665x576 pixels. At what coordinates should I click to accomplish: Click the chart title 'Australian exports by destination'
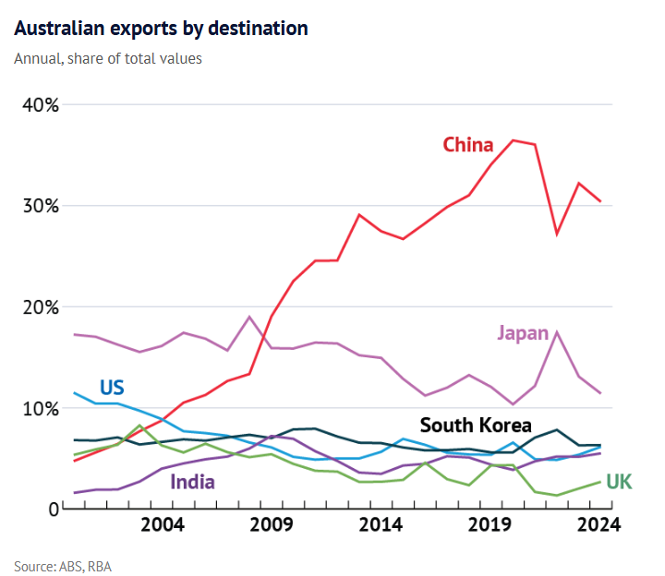pos(162,29)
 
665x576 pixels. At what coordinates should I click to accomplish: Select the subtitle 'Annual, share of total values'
pos(108,58)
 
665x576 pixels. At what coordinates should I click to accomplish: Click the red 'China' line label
pos(468,145)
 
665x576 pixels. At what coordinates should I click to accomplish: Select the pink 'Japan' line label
pos(523,333)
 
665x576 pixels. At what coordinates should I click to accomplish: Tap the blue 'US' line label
pos(111,387)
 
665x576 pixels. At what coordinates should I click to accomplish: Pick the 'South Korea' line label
pos(476,426)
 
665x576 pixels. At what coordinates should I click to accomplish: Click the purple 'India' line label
pos(192,481)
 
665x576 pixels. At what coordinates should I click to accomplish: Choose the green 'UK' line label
pos(619,481)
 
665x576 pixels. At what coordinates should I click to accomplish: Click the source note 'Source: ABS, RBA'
pos(63,565)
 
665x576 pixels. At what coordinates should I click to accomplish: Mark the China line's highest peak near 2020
pos(514,140)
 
